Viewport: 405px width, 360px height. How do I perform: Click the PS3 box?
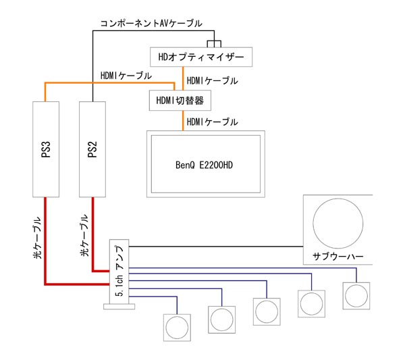click(45, 149)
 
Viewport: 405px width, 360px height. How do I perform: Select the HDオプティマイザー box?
click(202, 55)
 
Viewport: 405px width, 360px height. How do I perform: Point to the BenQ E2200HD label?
click(206, 165)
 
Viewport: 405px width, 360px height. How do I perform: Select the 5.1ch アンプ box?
click(119, 270)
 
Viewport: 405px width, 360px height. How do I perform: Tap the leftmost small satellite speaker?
click(178, 328)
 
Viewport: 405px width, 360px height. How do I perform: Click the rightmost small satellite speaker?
click(356, 296)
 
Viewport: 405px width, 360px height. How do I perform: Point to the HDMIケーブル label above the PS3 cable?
click(124, 74)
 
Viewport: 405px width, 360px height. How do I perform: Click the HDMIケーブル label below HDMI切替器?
click(213, 122)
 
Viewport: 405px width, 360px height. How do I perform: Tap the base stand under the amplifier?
click(119, 307)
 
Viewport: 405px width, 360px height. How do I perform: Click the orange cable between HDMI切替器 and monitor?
click(183, 122)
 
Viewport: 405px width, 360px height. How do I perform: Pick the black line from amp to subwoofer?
click(216, 243)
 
